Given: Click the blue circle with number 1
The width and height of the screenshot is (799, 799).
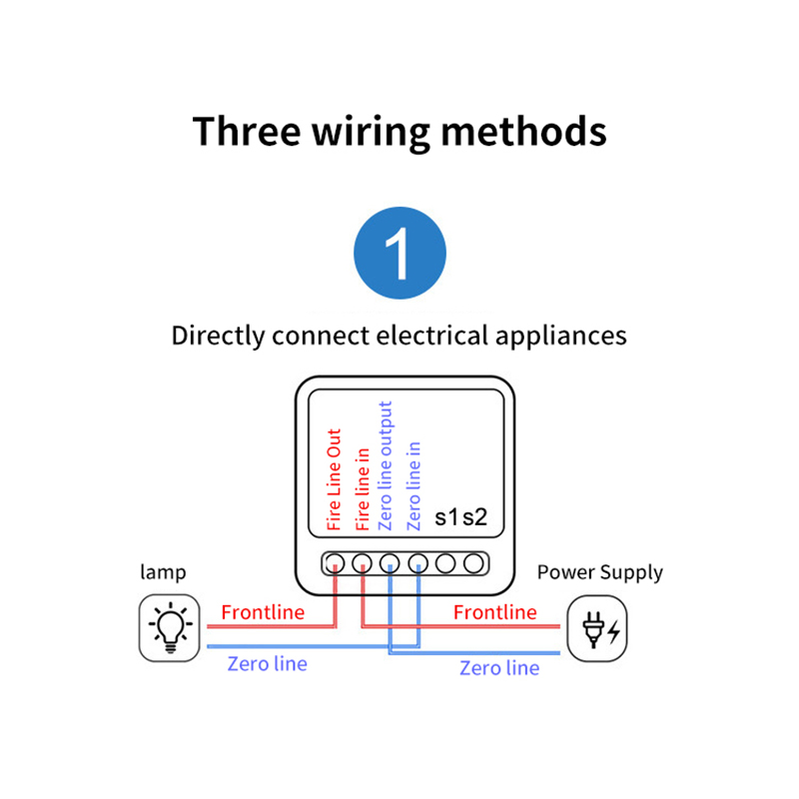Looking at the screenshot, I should point(399,254).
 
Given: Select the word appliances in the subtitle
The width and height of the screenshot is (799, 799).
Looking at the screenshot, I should point(561,335).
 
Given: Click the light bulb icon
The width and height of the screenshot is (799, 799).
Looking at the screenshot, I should point(169,628).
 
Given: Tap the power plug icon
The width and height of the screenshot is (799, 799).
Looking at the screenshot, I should point(597,628).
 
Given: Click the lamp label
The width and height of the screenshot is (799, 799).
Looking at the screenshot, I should point(163,572).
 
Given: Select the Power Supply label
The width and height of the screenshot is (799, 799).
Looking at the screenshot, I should point(599,572).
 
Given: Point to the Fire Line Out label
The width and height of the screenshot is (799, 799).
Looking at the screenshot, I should point(336,479).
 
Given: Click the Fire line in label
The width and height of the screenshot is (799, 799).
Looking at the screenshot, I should point(363,488).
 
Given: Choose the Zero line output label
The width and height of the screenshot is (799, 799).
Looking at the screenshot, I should point(389,465).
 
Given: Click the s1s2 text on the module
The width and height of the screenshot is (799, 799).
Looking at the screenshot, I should point(461,517).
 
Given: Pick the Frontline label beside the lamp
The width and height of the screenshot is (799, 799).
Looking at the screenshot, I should point(263,612).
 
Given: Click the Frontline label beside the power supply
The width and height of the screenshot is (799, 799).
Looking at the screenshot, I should point(494,612).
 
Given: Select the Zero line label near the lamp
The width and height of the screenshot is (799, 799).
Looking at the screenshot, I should point(267,663).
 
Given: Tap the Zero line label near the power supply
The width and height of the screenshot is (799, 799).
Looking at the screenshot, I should point(499,668).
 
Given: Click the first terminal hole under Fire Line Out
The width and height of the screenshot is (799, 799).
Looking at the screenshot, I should point(337,563).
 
